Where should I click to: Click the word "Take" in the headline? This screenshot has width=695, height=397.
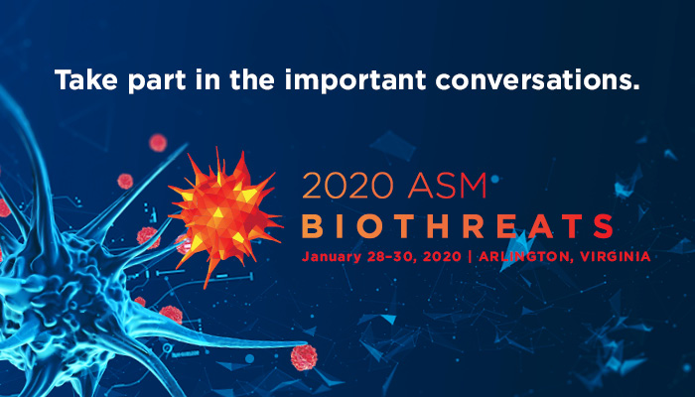[86, 79]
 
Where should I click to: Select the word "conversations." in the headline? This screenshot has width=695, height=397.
[538, 79]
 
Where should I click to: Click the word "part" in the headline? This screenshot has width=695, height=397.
[157, 81]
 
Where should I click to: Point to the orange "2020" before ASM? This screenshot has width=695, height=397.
[347, 187]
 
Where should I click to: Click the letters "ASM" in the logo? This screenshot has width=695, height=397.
[447, 187]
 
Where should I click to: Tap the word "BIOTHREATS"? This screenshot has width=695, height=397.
[458, 226]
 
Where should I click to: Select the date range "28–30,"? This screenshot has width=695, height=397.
[392, 257]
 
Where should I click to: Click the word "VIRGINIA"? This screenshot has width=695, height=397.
[616, 256]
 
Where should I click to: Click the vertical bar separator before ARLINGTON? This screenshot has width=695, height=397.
[470, 257]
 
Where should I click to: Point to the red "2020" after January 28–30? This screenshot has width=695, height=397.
[442, 256]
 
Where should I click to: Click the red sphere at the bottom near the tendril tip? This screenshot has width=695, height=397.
[304, 357]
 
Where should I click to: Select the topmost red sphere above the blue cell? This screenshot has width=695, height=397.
[158, 143]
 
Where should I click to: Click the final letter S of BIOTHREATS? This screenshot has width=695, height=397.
[603, 226]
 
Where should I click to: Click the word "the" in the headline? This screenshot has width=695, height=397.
[252, 79]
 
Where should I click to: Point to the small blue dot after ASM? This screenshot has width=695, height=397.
[495, 179]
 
